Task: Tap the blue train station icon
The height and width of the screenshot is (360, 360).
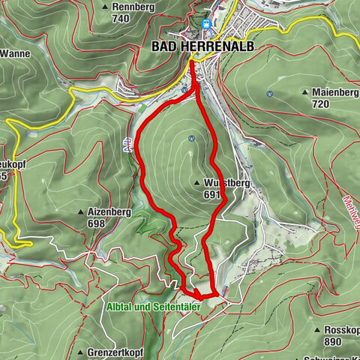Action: [x=205, y=23]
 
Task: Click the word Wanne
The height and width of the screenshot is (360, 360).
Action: [x=16, y=53]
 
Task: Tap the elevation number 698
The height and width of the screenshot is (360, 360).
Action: [x=96, y=224]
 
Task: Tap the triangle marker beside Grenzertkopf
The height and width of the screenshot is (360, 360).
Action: [x=79, y=352]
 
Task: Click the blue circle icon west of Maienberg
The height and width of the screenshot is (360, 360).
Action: [x=268, y=94]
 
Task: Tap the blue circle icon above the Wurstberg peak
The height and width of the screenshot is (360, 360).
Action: [x=192, y=138]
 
